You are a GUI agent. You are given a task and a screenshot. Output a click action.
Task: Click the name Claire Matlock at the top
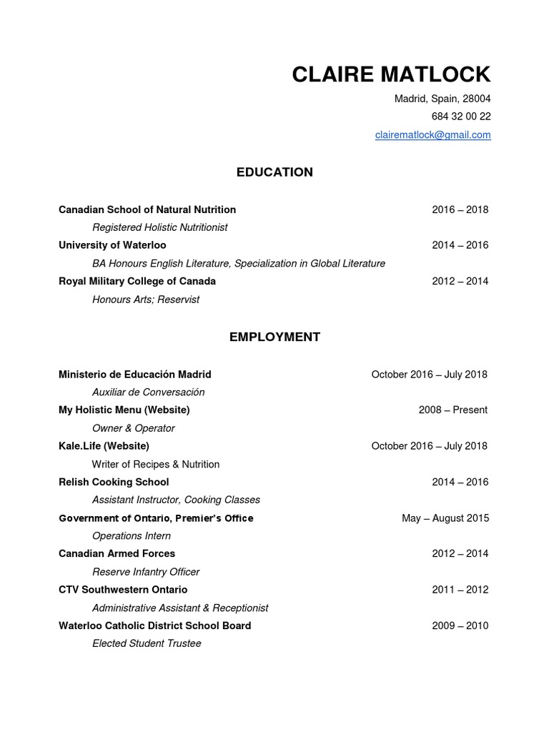click(391, 74)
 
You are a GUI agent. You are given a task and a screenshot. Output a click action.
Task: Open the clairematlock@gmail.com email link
click(432, 134)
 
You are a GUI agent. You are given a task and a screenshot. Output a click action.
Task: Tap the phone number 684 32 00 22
click(460, 117)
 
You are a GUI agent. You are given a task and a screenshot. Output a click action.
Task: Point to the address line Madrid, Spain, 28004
click(442, 99)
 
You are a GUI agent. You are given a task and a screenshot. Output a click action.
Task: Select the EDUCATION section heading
click(274, 172)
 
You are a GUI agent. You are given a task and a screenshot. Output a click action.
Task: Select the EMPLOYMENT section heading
click(274, 337)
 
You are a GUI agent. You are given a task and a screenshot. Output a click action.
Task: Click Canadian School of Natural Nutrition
click(147, 209)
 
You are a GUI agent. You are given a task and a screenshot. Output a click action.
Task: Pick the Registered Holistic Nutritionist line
click(159, 227)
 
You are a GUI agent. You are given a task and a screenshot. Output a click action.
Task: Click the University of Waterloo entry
click(112, 245)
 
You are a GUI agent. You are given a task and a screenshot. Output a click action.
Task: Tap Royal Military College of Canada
click(137, 281)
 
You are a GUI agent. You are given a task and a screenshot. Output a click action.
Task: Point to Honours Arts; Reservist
click(146, 300)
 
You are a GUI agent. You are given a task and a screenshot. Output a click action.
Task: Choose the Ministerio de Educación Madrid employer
click(135, 374)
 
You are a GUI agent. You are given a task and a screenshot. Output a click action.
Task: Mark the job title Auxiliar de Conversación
click(149, 392)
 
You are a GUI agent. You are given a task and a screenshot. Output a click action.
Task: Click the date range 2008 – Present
click(453, 410)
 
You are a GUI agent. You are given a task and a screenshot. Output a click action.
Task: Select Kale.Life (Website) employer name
click(104, 446)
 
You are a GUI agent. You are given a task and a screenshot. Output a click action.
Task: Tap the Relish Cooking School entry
click(114, 482)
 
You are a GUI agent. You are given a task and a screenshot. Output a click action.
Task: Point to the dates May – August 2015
click(445, 518)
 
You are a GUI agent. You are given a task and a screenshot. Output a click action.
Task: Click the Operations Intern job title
click(132, 535)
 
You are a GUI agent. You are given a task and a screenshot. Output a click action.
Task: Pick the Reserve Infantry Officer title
click(146, 572)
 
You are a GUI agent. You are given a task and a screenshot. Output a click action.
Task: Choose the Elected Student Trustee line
click(147, 643)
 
